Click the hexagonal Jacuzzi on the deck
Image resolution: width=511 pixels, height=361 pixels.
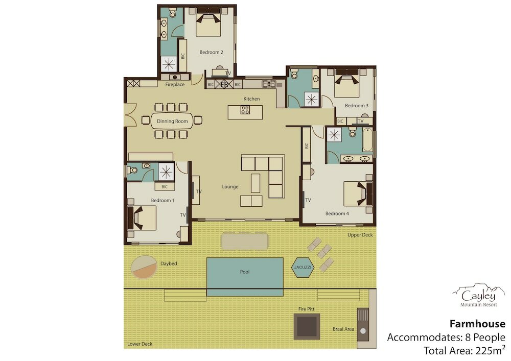303,268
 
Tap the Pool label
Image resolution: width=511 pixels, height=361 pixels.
245,272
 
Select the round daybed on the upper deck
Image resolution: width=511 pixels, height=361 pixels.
144,267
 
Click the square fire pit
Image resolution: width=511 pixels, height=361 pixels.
306,326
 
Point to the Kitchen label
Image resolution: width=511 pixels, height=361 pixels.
251,99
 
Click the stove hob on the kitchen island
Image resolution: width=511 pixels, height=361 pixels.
245,110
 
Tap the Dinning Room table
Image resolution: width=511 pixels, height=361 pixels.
172,121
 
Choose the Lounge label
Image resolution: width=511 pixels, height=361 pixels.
230,186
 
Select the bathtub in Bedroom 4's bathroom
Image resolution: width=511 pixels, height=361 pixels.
367,140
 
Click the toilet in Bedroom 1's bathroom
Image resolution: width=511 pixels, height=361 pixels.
132,170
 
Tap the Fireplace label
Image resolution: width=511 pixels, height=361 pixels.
175,84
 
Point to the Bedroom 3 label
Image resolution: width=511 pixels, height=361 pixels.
357,106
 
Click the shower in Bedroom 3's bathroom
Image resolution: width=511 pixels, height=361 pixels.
312,100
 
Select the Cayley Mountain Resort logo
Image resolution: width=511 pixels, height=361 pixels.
478,295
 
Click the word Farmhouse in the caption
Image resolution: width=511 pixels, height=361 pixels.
477,324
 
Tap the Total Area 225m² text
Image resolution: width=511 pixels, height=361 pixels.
464,351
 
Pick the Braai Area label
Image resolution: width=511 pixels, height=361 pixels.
343,329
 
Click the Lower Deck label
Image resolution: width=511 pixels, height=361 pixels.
140,344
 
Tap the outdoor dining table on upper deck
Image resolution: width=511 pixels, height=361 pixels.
245,240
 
